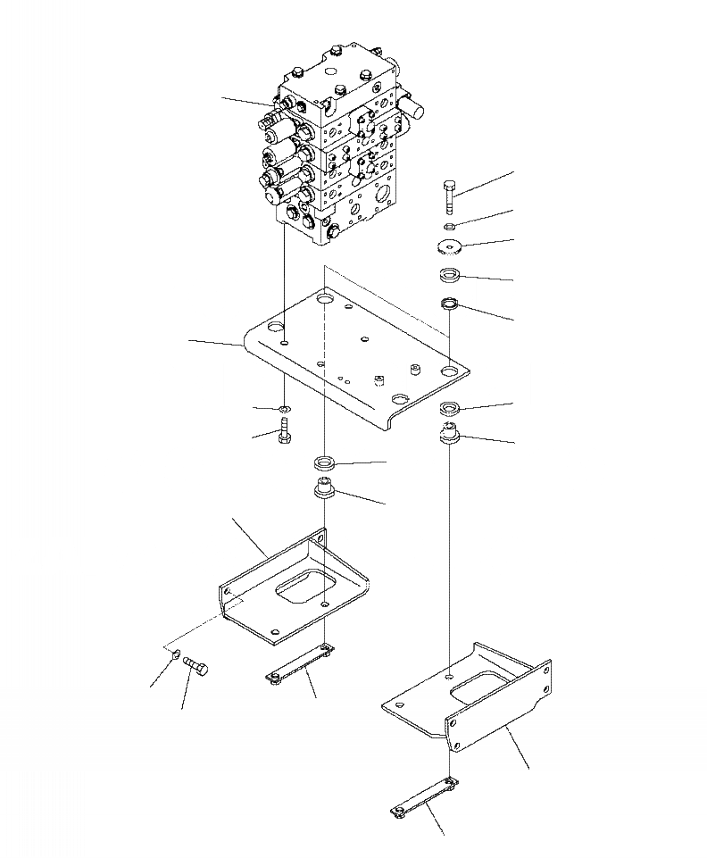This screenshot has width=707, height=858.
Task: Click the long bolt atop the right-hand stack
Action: (x=449, y=196)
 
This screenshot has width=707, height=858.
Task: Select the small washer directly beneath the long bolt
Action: (x=450, y=224)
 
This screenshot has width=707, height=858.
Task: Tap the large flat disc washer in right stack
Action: (x=450, y=248)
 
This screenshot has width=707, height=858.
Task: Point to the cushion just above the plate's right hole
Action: (x=451, y=305)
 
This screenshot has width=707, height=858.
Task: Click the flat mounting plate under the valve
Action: (x=357, y=357)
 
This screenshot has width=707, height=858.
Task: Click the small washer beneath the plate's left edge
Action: (x=283, y=411)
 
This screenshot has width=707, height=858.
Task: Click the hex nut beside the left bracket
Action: (x=175, y=659)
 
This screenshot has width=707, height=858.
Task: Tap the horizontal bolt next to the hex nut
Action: (x=196, y=666)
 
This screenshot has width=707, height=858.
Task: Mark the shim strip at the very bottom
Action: (x=425, y=796)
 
